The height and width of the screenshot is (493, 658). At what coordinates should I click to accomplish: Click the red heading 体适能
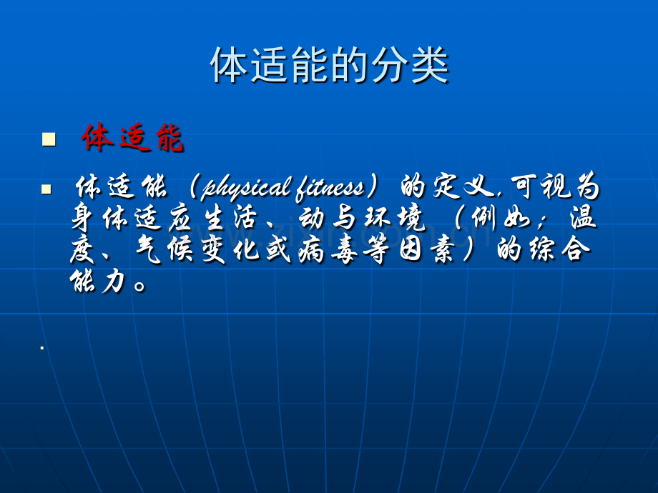click(132, 137)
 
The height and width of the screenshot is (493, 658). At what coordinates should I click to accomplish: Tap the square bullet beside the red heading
click(49, 139)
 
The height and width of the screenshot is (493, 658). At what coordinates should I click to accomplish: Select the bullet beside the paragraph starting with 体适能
click(46, 189)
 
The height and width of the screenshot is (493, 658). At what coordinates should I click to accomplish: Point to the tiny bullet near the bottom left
click(42, 347)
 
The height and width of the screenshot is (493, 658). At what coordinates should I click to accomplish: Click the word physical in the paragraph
click(246, 188)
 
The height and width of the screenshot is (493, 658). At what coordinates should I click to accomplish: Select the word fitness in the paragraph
click(330, 188)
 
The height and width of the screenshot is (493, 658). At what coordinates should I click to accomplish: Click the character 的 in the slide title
click(349, 66)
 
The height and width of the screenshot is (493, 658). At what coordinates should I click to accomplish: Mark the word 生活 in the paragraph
click(230, 218)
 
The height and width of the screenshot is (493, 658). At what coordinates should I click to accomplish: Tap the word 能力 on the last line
click(98, 281)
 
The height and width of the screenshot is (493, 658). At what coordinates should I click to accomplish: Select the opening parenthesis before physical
click(193, 187)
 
